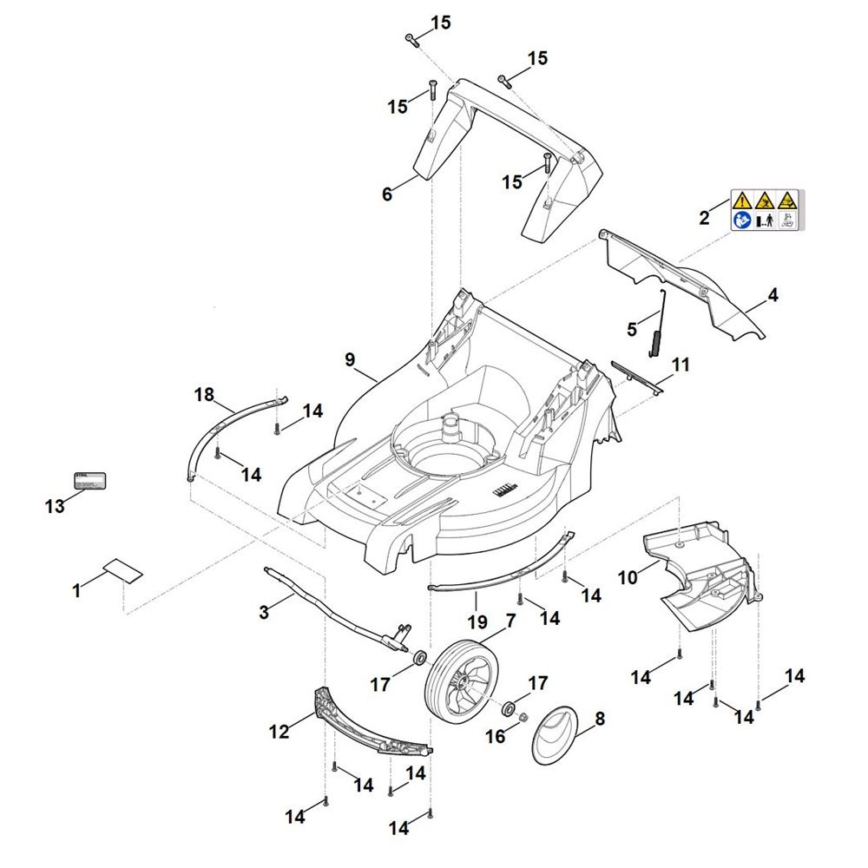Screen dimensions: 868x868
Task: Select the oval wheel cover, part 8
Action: pyautogui.click(x=556, y=736)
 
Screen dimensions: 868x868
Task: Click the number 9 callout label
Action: pyautogui.click(x=350, y=359)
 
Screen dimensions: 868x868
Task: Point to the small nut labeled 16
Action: pyautogui.click(x=524, y=717)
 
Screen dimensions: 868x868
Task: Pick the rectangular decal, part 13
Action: pyautogui.click(x=89, y=481)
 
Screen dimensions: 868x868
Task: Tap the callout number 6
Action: pyautogui.click(x=387, y=194)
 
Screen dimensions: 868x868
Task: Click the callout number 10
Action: pyautogui.click(x=627, y=576)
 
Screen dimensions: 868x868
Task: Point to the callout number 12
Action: pyautogui.click(x=279, y=732)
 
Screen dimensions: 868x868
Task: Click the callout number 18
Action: pyautogui.click(x=204, y=395)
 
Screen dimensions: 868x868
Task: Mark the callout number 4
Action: pyautogui.click(x=773, y=295)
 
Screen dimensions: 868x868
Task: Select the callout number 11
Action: pyautogui.click(x=681, y=365)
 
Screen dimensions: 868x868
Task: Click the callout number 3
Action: pyautogui.click(x=264, y=612)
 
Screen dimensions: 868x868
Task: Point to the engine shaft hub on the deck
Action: pyautogui.click(x=450, y=424)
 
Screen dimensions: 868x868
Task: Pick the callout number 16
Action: pyautogui.click(x=495, y=736)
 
